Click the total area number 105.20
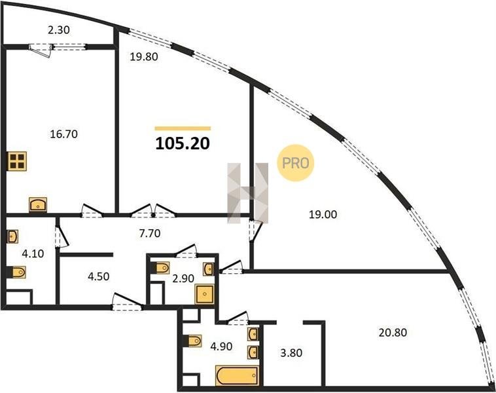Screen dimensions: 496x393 point(183,143)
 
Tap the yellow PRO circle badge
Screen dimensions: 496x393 point(296,163)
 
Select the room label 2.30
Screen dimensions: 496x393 point(58,30)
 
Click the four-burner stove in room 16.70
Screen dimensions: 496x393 point(18,161)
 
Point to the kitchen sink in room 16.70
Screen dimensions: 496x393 point(38,204)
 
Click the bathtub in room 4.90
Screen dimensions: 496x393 point(237,375)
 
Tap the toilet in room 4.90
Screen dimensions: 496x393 point(193,341)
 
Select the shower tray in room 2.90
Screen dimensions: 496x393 point(205,294)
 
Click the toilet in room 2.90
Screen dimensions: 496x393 point(162,268)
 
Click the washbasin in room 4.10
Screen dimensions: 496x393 point(12,236)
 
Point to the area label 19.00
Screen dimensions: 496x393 point(323,215)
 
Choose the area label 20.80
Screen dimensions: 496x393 point(393,333)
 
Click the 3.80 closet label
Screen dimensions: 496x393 point(291,352)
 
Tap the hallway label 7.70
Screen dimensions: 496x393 point(150,233)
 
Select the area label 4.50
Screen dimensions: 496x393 point(99,276)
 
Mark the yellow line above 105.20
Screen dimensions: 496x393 point(183,128)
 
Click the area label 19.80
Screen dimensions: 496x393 point(144,57)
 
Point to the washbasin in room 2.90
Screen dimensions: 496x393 point(209,269)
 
